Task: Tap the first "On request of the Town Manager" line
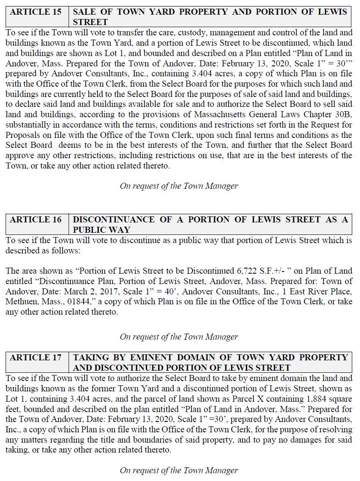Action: tap(179, 186)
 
